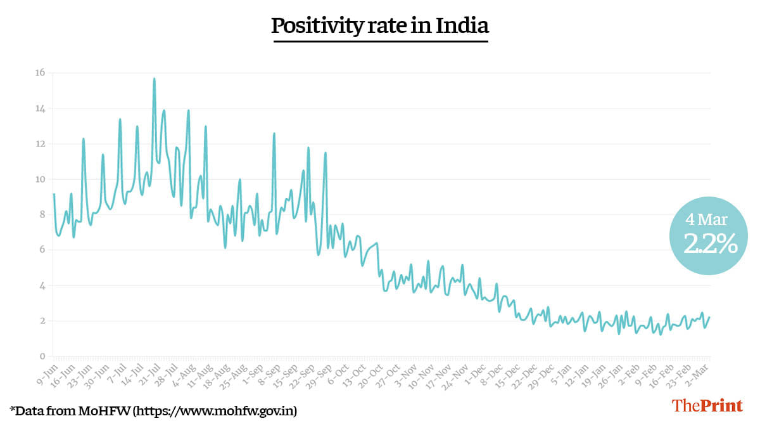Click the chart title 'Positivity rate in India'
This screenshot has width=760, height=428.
380,26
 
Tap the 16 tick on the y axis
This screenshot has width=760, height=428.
40,73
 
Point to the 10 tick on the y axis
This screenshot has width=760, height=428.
40,179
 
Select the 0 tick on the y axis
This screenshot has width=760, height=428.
42,356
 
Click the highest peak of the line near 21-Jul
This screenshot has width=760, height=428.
154,79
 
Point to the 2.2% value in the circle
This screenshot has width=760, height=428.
709,243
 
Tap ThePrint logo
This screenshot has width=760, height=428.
707,406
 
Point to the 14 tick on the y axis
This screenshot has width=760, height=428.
40,108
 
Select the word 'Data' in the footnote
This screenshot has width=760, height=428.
28,411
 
